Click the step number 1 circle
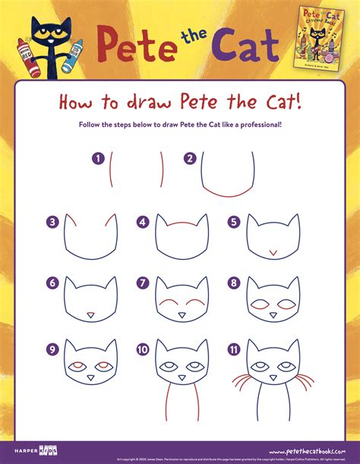tap(97, 159)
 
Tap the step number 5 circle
tap(234, 223)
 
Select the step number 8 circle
tap(234, 284)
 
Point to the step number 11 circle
tap(235, 349)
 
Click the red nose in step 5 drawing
tap(273, 251)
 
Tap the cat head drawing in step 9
tap(90, 365)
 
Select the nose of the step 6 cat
tap(90, 314)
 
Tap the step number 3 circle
tap(52, 223)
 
